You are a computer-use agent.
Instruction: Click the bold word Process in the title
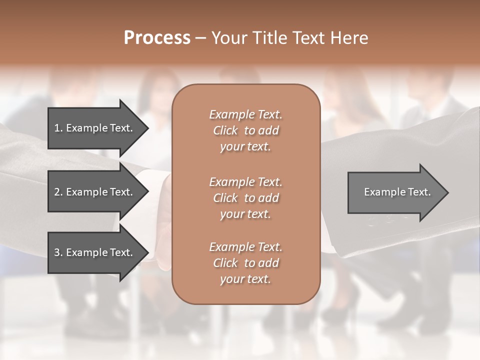[157, 38]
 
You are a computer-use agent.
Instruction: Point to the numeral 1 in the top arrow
[56, 128]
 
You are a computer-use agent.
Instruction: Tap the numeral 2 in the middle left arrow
[56, 192]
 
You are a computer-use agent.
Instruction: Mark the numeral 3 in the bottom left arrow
[56, 252]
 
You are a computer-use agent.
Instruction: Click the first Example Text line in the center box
[245, 114]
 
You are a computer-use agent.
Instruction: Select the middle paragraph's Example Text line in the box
[245, 182]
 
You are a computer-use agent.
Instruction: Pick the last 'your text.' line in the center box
[245, 279]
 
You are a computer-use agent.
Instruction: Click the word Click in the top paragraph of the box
[225, 130]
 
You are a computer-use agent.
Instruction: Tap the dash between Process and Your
[200, 38]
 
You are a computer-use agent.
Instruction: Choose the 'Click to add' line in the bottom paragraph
[245, 263]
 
